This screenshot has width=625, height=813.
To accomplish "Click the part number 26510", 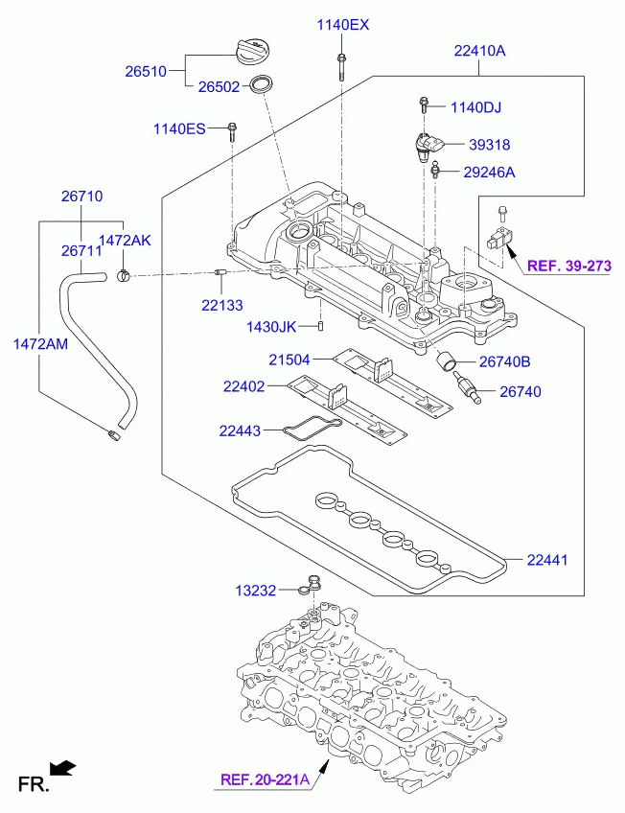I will tap(146, 71).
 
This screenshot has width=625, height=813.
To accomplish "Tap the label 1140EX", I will tap(342, 25).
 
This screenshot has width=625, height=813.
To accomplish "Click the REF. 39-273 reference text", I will tap(568, 267).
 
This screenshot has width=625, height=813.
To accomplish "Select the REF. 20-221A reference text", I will tap(266, 779).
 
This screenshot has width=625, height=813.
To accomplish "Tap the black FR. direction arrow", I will tap(62, 766).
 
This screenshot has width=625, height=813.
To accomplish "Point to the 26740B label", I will tap(504, 362).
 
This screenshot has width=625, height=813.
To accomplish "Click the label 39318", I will tap(489, 146).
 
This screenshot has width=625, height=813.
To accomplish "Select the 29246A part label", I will tap(489, 173).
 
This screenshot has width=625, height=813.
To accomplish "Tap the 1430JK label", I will tap(271, 327).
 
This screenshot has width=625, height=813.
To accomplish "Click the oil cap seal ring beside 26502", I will tap(261, 83).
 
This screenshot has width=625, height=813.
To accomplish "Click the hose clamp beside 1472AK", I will tap(123, 277).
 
